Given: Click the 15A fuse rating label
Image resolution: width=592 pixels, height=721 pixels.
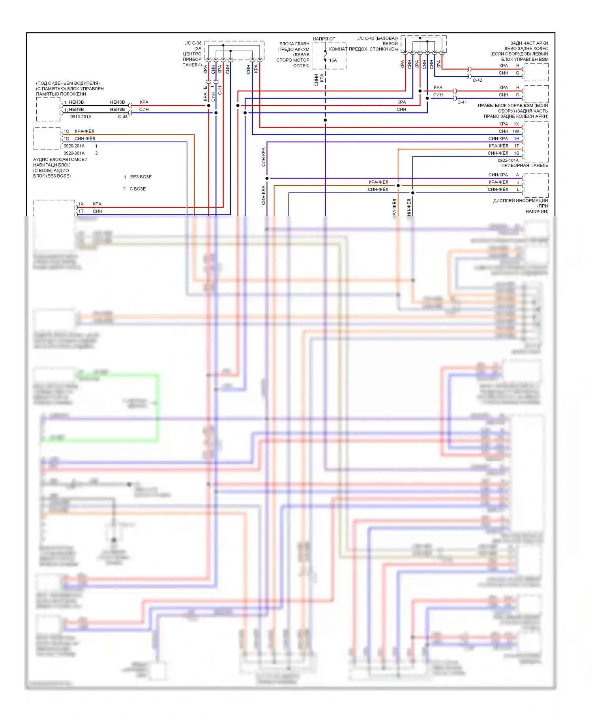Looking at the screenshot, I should point(333,60).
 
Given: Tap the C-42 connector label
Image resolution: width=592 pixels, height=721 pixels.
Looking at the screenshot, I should point(477,80).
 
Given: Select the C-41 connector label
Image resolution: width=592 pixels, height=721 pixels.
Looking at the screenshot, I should point(462,102).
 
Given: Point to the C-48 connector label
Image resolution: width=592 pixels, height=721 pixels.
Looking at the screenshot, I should point(123,117).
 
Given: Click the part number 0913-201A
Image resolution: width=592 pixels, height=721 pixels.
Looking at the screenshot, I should point(81,117).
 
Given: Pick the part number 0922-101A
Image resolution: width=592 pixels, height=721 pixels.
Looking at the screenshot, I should point(508,161).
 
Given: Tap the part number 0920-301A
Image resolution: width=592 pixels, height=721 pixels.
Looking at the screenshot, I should point(74,153).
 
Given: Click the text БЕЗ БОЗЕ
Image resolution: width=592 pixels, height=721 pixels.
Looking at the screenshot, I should point(141,177).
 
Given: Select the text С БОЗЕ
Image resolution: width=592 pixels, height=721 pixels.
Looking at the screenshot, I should point(137,189).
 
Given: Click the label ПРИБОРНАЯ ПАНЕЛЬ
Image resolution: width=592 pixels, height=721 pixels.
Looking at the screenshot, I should point(525,166).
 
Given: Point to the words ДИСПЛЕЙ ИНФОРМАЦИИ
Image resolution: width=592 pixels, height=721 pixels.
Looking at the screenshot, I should point(520,201).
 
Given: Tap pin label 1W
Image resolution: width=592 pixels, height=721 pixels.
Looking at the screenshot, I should point(516,131).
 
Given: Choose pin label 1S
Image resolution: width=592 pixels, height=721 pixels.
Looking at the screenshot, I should point(516,153).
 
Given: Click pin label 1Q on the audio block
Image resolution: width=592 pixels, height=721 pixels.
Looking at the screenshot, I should point(66,139).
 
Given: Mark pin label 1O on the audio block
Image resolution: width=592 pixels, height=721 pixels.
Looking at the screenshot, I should point(66,131).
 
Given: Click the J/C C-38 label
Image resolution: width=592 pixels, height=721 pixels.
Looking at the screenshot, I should point(193,43).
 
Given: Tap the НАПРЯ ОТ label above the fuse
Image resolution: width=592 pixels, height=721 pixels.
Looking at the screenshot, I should point(324,39).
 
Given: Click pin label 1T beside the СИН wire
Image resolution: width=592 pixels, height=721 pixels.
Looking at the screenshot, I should point(81,211).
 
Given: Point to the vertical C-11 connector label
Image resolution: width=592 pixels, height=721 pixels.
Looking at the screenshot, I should point(220,90).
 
